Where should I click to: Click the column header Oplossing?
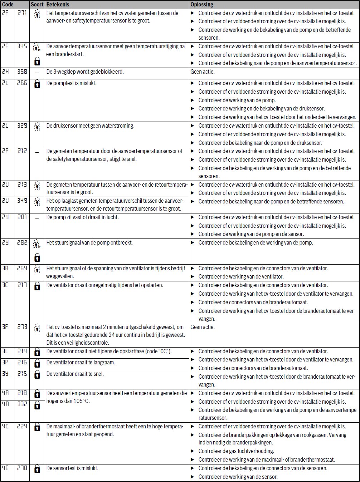(202, 5)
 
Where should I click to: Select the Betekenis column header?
(58, 5)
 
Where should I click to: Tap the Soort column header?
(37, 5)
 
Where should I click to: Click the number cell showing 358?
(22, 72)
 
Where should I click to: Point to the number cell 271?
(22, 13)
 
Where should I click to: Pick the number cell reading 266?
(22, 83)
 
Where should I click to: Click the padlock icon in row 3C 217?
(37, 286)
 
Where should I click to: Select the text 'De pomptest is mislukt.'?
(72, 83)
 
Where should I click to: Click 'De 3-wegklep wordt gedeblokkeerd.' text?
(85, 72)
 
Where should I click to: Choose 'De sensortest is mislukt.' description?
(72, 468)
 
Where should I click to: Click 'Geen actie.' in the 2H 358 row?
(203, 72)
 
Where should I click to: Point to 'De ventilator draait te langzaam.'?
(81, 363)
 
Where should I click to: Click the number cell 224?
(22, 426)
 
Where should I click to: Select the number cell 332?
(22, 404)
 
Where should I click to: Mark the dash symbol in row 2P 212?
(37, 152)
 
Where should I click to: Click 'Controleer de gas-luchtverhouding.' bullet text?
(236, 451)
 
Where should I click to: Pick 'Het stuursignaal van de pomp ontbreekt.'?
(89, 243)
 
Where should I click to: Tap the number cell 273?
(22, 327)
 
